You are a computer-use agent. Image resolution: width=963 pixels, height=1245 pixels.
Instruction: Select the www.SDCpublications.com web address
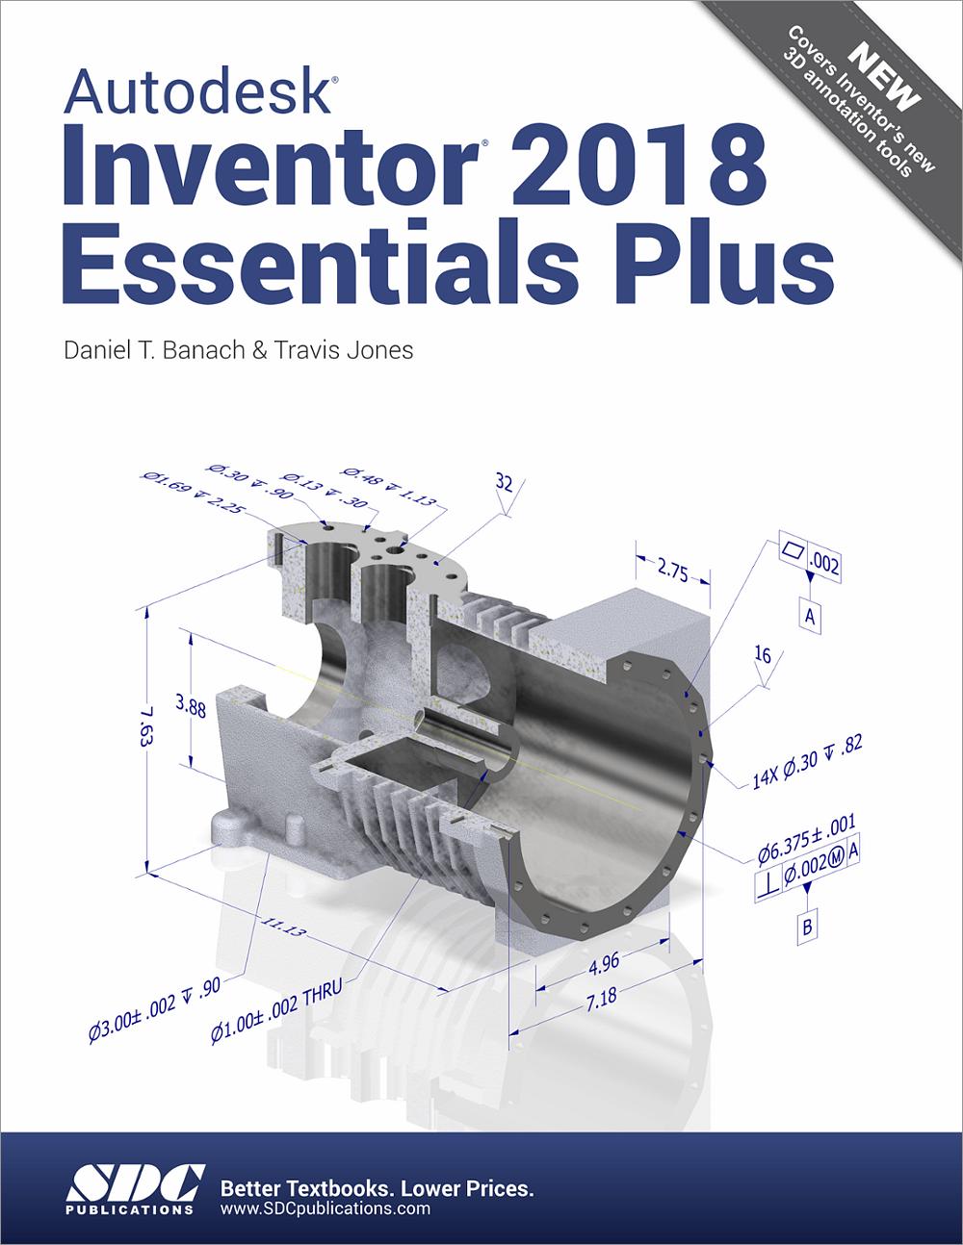coord(325,1208)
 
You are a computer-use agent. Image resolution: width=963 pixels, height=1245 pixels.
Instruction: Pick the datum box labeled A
coord(810,616)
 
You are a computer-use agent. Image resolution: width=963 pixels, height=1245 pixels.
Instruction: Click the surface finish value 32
coord(503,482)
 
